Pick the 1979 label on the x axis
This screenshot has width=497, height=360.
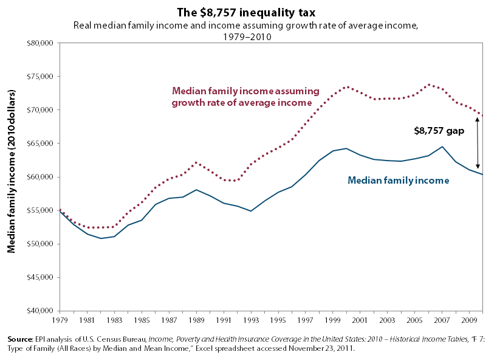(x=60, y=319)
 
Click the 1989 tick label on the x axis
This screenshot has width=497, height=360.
(x=195, y=319)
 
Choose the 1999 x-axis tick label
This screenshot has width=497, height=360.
(x=331, y=319)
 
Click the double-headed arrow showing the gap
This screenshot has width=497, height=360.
(x=478, y=143)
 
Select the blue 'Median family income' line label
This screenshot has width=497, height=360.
(x=398, y=180)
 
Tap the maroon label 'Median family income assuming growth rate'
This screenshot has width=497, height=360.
(x=245, y=96)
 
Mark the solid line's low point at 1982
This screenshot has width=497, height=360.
(x=101, y=238)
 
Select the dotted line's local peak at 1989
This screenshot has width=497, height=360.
(x=196, y=162)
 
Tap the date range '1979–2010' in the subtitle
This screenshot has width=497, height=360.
(x=247, y=36)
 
